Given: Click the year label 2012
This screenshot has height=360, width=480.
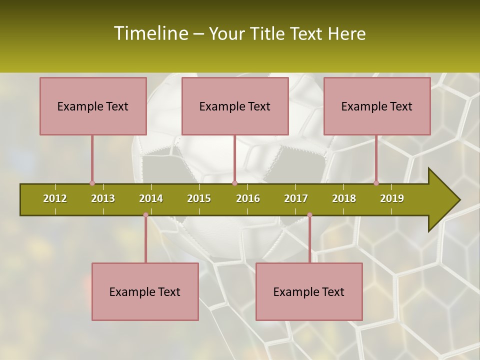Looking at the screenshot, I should pyautogui.click(x=55, y=198).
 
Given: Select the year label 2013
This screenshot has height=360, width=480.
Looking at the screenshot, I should pyautogui.click(x=103, y=198).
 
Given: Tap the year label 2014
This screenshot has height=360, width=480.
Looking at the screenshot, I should pyautogui.click(x=151, y=198).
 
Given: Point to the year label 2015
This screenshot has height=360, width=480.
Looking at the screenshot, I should pyautogui.click(x=199, y=198).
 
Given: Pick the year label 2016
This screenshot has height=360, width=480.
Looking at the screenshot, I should pyautogui.click(x=248, y=198).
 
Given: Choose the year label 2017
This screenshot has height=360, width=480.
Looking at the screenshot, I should pyautogui.click(x=296, y=198).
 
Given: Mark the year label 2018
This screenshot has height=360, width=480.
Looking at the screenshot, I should pyautogui.click(x=344, y=198).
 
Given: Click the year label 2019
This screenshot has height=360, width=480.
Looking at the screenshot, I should pyautogui.click(x=392, y=198).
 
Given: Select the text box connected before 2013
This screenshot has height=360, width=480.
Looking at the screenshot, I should pyautogui.click(x=93, y=106).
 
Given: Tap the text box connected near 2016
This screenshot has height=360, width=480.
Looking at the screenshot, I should pyautogui.click(x=235, y=106).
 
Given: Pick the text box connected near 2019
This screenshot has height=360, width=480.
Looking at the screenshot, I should pyautogui.click(x=377, y=106).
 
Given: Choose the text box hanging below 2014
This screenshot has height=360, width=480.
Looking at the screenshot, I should pyautogui.click(x=145, y=291).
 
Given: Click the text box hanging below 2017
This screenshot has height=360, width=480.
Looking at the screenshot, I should pyautogui.click(x=309, y=291).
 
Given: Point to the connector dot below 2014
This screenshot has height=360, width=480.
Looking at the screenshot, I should pyautogui.click(x=145, y=215).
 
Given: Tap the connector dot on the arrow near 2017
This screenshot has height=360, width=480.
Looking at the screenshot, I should pyautogui.click(x=309, y=215).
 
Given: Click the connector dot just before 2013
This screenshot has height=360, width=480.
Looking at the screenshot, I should pyautogui.click(x=92, y=183).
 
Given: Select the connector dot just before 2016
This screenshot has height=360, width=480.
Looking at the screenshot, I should pyautogui.click(x=234, y=183).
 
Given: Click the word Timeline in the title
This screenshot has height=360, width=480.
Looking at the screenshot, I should pyautogui.click(x=150, y=33).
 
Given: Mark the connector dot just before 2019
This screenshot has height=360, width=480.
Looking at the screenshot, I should pyautogui.click(x=376, y=183).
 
